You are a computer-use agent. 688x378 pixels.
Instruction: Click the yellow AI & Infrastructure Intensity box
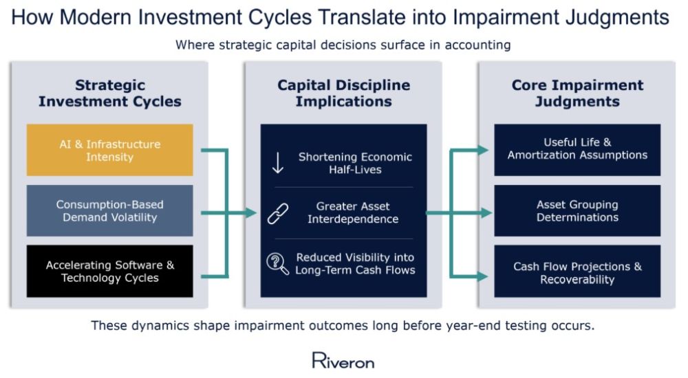109,150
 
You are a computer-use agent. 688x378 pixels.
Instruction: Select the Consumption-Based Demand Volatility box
109,210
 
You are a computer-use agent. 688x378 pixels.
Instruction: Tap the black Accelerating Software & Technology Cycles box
109,271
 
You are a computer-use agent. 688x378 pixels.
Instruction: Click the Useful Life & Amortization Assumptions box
577,150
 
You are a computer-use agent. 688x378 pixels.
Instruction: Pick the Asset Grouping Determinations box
577,210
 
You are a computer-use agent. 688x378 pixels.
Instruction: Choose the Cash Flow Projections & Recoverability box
577,271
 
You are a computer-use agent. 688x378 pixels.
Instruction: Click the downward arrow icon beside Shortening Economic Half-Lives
278,163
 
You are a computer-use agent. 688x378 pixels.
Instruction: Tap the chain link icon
278,214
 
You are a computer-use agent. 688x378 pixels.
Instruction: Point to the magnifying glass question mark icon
278,264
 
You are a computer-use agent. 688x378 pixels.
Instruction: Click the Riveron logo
343,360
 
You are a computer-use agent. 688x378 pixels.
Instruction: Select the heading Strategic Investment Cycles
109,93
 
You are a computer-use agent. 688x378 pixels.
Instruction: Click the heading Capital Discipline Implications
343,93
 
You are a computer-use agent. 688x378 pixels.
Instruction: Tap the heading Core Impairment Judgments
577,93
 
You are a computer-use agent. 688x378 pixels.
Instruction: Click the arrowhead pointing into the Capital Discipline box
251,213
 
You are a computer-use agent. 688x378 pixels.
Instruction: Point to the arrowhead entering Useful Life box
483,150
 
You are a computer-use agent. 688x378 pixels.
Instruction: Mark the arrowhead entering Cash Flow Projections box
483,276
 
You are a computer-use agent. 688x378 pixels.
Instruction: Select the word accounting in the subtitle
478,45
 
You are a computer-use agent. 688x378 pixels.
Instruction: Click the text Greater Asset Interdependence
353,212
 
